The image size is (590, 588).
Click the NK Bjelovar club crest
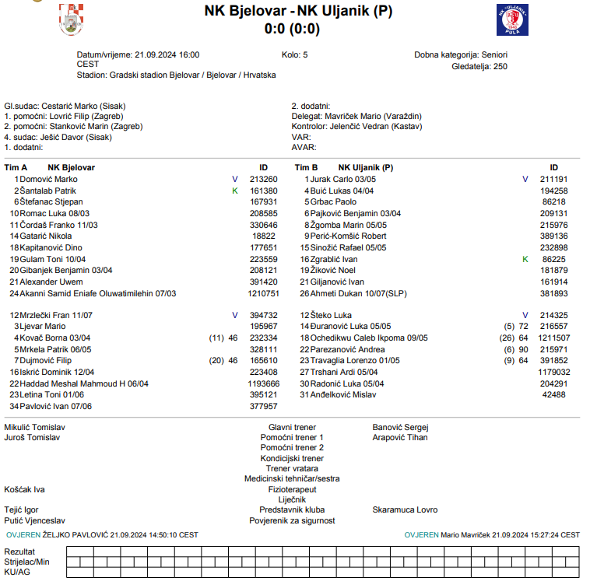(72, 19)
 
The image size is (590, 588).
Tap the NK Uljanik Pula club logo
(512, 19)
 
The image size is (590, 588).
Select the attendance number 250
(500, 67)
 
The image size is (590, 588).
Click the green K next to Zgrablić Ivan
(525, 258)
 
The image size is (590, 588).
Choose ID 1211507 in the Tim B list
(554, 338)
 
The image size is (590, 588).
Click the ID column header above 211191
(554, 167)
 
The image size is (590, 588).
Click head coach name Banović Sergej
(400, 427)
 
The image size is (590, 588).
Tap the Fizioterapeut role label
(292, 490)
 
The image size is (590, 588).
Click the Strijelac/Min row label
(26, 561)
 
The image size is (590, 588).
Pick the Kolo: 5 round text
(294, 55)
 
